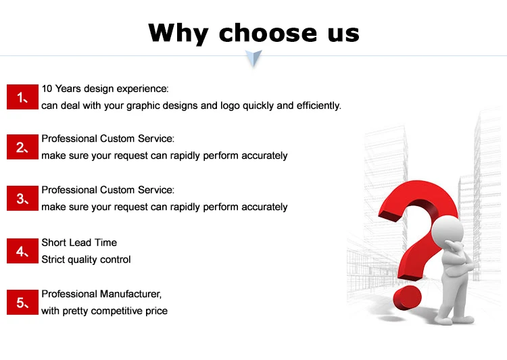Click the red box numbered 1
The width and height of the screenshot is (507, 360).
point(23,97)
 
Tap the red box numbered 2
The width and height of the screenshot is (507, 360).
point(23,147)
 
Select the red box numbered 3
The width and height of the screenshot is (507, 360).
point(23,199)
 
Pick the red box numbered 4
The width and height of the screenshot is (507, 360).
point(23,251)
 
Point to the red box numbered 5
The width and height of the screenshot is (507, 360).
point(23,303)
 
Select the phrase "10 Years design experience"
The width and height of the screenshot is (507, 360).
point(104,88)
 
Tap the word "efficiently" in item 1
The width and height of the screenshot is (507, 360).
point(318,105)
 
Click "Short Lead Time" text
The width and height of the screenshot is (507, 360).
point(79,242)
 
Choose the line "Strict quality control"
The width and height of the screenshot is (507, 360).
point(86,259)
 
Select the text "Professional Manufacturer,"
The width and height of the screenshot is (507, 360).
point(101,294)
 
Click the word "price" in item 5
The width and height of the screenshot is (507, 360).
point(155,311)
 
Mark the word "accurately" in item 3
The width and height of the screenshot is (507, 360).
point(264,207)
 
